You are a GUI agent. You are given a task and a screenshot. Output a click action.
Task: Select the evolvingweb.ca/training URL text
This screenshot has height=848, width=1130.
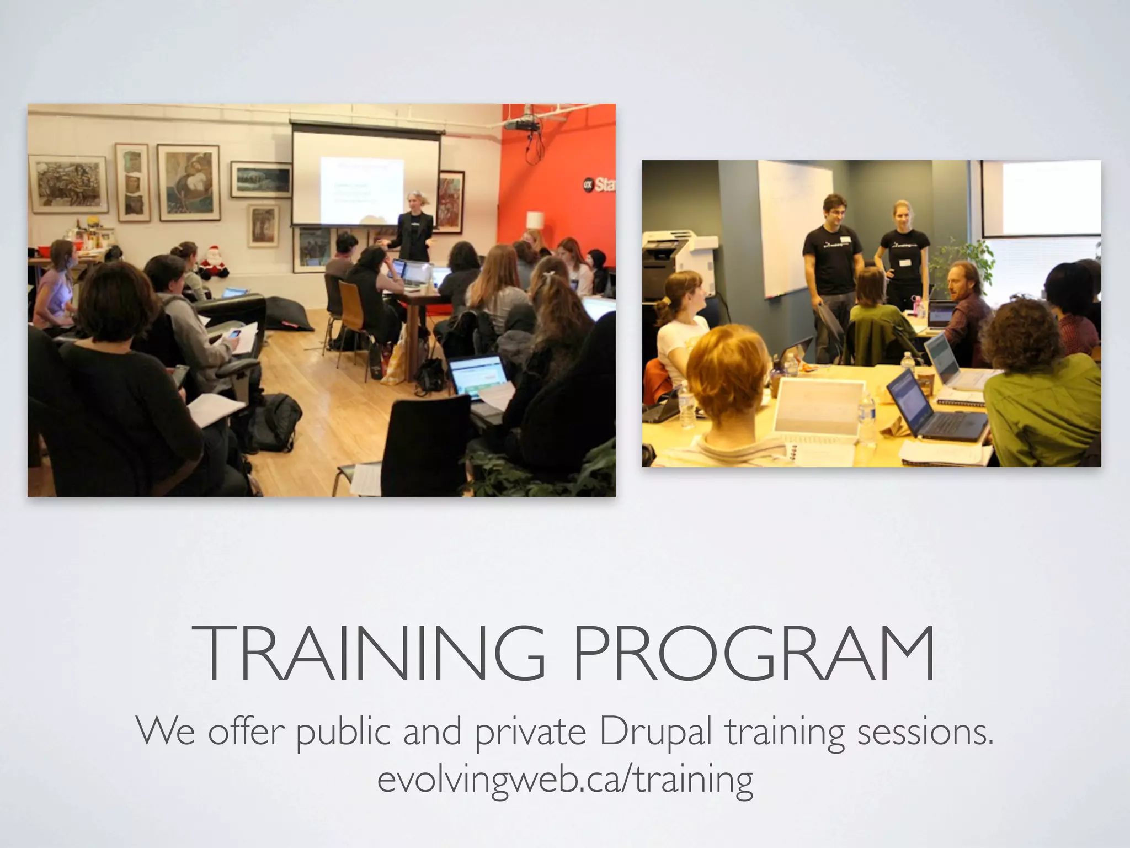coord(565,779)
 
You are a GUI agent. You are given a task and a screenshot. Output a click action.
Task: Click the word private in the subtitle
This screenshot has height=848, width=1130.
coord(530,732)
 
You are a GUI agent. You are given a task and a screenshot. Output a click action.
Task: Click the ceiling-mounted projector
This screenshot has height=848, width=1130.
coord(523,124)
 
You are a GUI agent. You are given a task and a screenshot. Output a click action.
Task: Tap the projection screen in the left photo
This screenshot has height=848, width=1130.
coord(366,177)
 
